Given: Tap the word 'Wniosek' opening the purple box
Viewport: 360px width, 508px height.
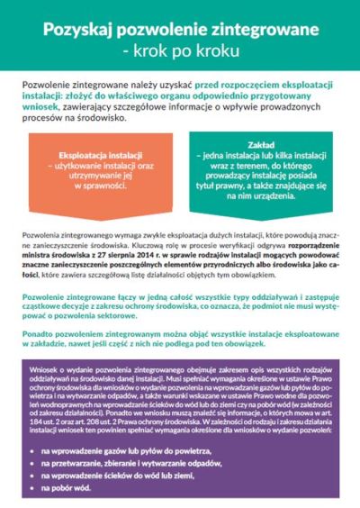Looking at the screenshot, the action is [41, 369].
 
